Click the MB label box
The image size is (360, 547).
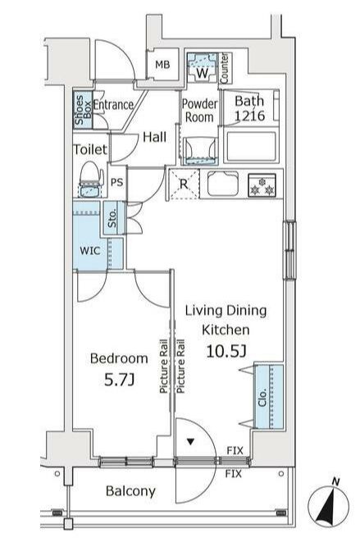coord(162,65)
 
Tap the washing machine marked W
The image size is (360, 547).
coord(202,67)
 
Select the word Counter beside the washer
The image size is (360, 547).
coord(225,68)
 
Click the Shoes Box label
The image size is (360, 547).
coord(83,110)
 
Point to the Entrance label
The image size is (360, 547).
coord(113,105)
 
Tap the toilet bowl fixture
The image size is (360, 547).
coord(91,179)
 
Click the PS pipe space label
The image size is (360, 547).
coord(117,182)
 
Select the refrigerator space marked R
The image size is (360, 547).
coord(184,184)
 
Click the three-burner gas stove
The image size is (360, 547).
coord(262,185)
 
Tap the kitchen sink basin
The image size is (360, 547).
coord(222,184)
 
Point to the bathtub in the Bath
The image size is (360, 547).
coord(251,145)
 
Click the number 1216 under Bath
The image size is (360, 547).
coord(249,116)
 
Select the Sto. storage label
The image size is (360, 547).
coord(112,219)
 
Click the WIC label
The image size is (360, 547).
coord(90,250)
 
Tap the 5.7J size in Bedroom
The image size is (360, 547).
coord(119,380)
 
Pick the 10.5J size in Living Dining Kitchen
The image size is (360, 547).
coord(226,351)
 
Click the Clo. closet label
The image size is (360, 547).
coord(262,397)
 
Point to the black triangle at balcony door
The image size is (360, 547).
coord(190,442)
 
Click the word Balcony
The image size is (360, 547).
coord(130,491)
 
